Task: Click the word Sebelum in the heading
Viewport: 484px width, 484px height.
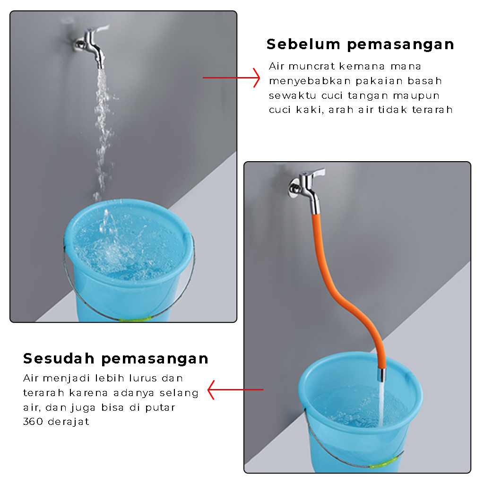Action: [303, 44]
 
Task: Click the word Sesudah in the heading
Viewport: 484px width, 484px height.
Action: [59, 358]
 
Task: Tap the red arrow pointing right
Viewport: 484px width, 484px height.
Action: [231, 78]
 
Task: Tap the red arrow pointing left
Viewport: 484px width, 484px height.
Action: [235, 390]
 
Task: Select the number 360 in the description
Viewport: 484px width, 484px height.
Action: [33, 421]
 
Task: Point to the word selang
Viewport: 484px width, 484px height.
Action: [179, 393]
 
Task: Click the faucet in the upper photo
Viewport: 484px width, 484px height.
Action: [92, 46]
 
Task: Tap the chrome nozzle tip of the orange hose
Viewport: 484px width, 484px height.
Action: [382, 374]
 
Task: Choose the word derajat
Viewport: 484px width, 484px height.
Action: [69, 422]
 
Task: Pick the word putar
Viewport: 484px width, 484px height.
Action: [160, 408]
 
